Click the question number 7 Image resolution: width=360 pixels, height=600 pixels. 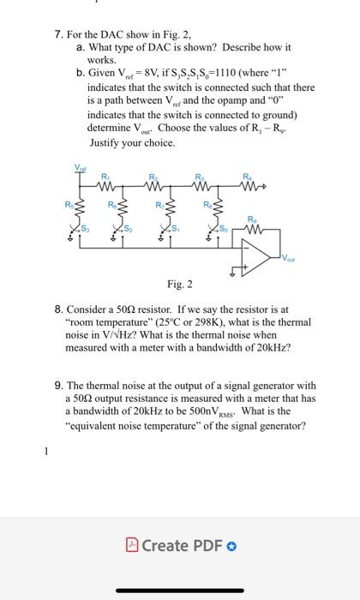point(57,34)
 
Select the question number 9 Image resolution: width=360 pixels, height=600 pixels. point(57,386)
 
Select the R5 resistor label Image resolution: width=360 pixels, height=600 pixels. point(72,204)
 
